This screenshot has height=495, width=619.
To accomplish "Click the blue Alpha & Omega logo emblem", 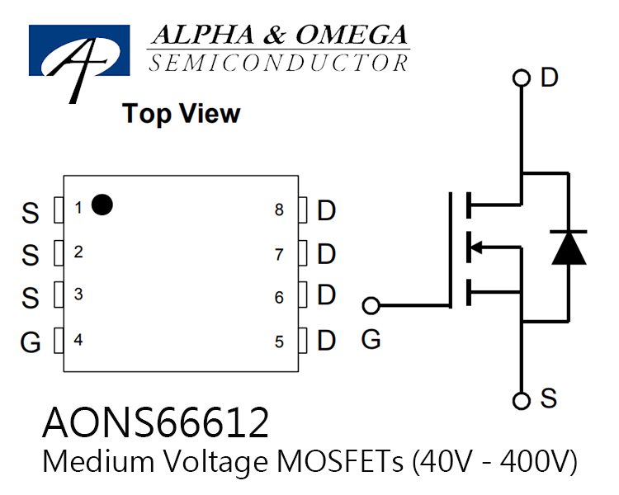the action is click(x=79, y=51).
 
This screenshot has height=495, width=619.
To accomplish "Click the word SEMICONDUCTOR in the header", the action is click(x=278, y=64).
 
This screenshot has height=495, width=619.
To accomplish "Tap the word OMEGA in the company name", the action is click(x=352, y=35).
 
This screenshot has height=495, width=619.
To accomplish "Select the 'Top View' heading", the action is click(x=182, y=114).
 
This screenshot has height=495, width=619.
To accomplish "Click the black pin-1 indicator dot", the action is click(x=102, y=205).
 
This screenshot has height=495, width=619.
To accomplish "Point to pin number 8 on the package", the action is click(x=279, y=210).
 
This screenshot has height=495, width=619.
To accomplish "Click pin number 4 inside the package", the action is click(x=78, y=340).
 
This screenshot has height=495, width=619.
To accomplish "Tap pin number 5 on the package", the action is click(x=279, y=342).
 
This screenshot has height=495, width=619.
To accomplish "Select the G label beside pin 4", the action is click(x=31, y=342).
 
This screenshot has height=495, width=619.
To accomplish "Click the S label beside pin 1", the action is click(x=31, y=213).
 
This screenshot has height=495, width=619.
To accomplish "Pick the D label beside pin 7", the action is click(x=327, y=254).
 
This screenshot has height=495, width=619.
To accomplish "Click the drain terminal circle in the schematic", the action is click(x=521, y=78).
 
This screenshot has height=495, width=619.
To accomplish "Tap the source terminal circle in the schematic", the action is click(x=521, y=401).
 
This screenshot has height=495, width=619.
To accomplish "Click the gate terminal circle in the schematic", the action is click(x=371, y=305).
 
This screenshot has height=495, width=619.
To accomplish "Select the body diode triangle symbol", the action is click(x=569, y=247).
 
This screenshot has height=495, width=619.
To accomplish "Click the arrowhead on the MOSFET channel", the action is click(x=476, y=247).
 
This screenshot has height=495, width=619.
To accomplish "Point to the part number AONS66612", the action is click(x=155, y=422).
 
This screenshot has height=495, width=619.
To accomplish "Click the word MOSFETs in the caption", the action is click(x=340, y=461).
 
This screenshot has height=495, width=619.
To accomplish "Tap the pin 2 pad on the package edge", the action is click(x=59, y=252).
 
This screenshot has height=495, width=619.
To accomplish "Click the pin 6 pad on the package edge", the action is click(x=303, y=295).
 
